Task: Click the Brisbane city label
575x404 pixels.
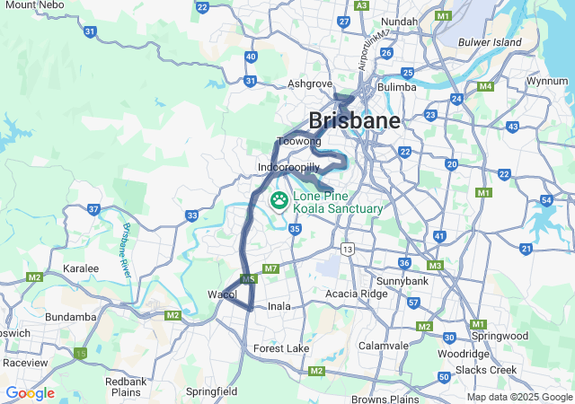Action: click(x=354, y=120)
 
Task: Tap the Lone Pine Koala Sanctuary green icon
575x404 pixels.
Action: click(x=279, y=200)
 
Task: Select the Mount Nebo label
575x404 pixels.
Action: click(x=33, y=5)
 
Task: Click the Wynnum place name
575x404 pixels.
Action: click(x=547, y=81)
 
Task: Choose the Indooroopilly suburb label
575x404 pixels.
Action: click(x=288, y=168)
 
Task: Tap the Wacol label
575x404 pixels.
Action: click(x=221, y=294)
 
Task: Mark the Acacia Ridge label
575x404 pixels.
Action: click(x=357, y=294)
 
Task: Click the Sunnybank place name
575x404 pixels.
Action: click(x=402, y=281)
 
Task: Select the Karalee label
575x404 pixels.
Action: click(x=81, y=268)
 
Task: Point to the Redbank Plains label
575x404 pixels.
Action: click(x=125, y=387)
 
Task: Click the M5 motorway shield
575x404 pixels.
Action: click(x=249, y=280)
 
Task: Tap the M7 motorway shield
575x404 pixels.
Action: click(x=271, y=268)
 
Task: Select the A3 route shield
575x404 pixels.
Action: click(x=362, y=5)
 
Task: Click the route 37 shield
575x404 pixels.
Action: click(x=94, y=209)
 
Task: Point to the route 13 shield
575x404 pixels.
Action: click(x=347, y=247)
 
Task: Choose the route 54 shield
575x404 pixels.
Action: click(x=546, y=200)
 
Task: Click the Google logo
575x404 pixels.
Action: click(x=30, y=393)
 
